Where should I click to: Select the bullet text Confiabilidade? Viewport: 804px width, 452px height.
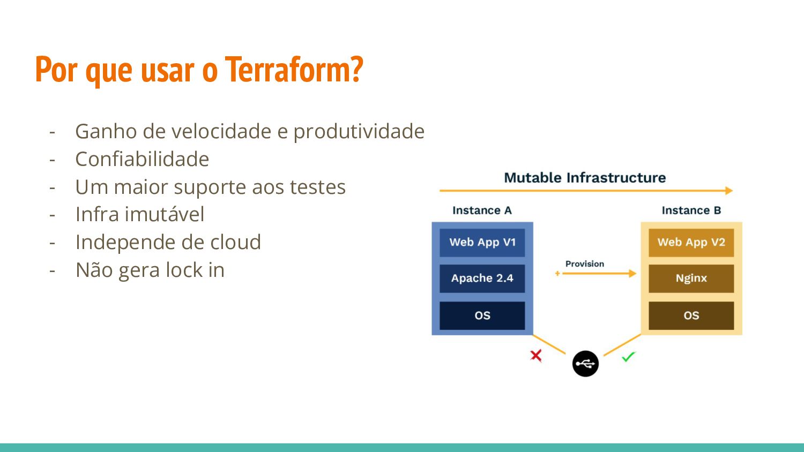(x=142, y=159)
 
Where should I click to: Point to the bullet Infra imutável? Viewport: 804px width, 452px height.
(x=139, y=214)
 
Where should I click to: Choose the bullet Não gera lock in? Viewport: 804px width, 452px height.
(x=150, y=270)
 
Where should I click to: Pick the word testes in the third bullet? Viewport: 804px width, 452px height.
(x=318, y=187)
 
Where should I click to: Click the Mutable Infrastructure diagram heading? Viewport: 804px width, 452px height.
(x=585, y=178)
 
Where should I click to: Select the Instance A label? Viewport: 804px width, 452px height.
(x=482, y=210)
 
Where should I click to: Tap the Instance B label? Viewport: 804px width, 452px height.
(x=691, y=210)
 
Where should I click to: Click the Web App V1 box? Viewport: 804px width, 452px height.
(x=482, y=243)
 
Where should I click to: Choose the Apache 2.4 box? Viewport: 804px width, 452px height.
(x=482, y=278)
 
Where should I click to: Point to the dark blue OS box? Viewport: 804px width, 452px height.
(x=482, y=315)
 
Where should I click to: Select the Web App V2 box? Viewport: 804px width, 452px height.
(x=691, y=243)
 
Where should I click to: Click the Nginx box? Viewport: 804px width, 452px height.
(x=691, y=278)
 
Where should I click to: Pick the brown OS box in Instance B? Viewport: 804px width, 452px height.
(x=691, y=315)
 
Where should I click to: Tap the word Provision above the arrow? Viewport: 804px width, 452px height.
(x=585, y=264)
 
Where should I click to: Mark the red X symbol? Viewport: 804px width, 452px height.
(x=536, y=356)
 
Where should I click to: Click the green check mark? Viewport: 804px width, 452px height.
(x=629, y=357)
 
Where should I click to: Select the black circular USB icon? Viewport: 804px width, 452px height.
(x=585, y=364)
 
